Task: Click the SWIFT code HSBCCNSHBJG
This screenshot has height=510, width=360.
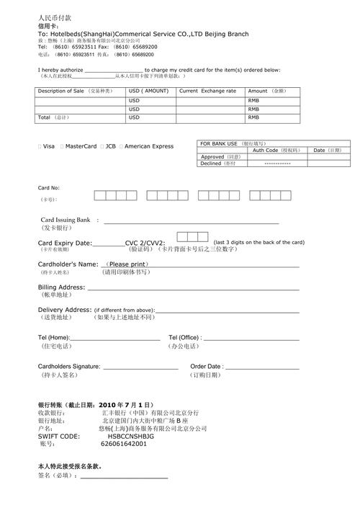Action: (131, 437)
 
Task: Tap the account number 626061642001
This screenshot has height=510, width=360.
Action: (124, 444)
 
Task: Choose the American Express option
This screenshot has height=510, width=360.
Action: (149, 146)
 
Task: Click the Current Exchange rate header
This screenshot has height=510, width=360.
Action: (207, 91)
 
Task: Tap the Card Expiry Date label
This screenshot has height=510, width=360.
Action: (65, 243)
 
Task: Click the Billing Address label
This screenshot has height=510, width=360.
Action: (62, 287)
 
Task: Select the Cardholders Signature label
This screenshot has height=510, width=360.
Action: (69, 367)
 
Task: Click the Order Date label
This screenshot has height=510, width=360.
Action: (206, 367)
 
